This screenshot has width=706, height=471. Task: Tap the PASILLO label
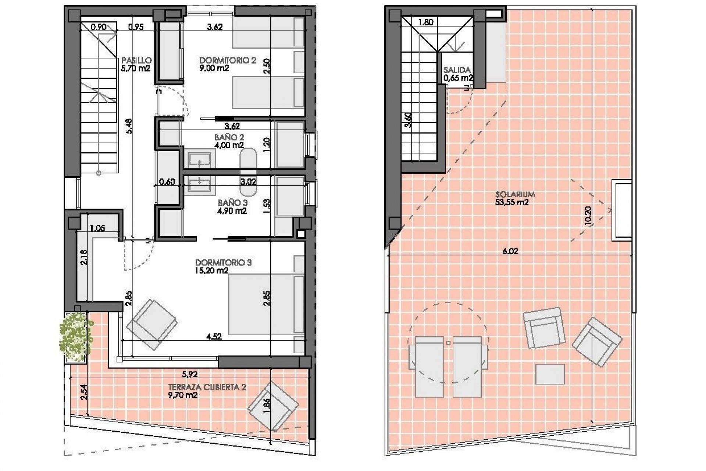coord(136,60)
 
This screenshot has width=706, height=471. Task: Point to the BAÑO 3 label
coord(232,203)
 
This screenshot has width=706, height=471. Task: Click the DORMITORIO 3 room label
coord(223,263)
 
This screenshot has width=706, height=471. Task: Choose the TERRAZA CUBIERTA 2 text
coord(207,387)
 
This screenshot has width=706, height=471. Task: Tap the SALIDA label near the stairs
coord(457,70)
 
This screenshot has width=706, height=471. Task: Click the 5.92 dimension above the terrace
coord(190,375)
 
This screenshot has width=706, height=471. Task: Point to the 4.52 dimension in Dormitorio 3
coord(214,336)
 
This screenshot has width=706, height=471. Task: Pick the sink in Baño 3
coord(200,184)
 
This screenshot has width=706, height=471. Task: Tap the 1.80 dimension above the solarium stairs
coord(426,22)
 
